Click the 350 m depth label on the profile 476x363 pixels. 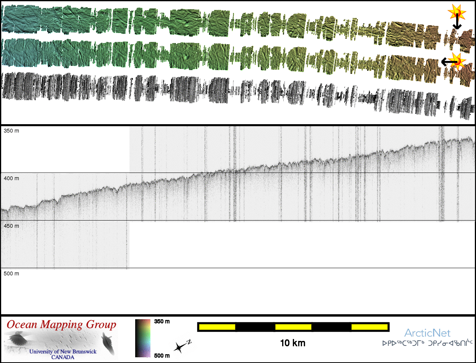pyautogui.click(x=11, y=131)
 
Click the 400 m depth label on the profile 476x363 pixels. pyautogui.click(x=11, y=179)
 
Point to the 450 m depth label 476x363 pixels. pyautogui.click(x=11, y=226)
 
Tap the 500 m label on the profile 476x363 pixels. pyautogui.click(x=11, y=273)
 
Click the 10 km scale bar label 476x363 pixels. pyautogui.click(x=293, y=343)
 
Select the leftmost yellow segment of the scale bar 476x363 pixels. pyautogui.click(x=217, y=327)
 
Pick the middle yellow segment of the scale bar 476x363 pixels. pyautogui.click(x=293, y=327)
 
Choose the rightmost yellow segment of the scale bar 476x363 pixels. pyautogui.click(x=369, y=327)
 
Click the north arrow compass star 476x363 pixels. pyautogui.click(x=179, y=348)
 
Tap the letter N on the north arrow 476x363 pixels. pyautogui.click(x=189, y=342)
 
